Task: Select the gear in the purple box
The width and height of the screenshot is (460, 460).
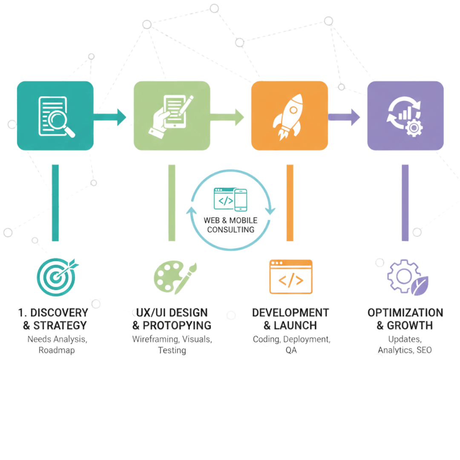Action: coord(414,128)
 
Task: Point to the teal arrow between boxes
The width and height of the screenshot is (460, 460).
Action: coord(110,117)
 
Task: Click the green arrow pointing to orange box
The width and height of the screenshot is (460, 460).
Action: coord(227,117)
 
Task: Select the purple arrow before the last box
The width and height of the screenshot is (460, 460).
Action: coord(344,117)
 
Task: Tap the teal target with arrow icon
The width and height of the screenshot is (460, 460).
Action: coord(57,277)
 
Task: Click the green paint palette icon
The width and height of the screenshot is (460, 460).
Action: coord(175,277)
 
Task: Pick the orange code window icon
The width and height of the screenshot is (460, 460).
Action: coord(291,277)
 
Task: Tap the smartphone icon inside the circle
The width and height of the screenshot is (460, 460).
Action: coord(241,200)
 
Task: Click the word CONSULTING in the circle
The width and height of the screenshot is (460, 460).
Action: coord(230,230)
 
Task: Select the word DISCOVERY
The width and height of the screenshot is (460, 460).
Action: coord(59,313)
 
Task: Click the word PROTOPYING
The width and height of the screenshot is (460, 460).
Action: coord(177,326)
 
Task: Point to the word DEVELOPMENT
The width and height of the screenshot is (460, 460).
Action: coord(290,313)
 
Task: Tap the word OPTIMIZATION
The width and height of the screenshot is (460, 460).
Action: coord(405,313)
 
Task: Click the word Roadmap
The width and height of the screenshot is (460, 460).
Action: coord(57,350)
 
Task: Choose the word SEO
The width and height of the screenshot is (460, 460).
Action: coord(424,350)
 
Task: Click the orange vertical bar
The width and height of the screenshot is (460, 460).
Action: coord(290,203)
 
